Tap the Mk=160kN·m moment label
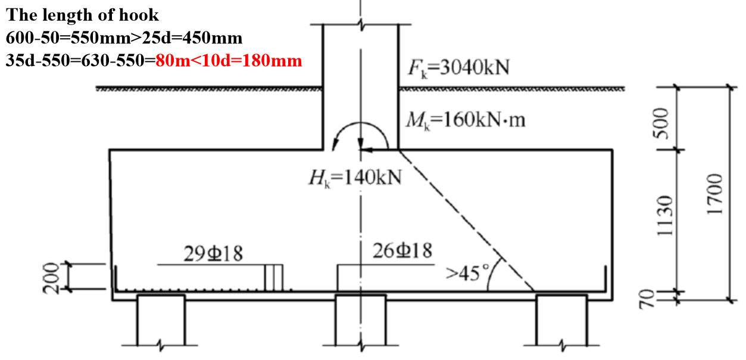tap(465, 120)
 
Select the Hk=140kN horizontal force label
tap(355, 179)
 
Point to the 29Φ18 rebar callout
tap(213, 253)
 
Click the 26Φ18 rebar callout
tap(402, 251)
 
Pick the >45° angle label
tap(467, 274)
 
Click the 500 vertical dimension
tap(661, 123)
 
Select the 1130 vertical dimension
tap(664, 215)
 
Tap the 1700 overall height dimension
tap(714, 195)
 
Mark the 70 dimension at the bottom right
tap(647, 299)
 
